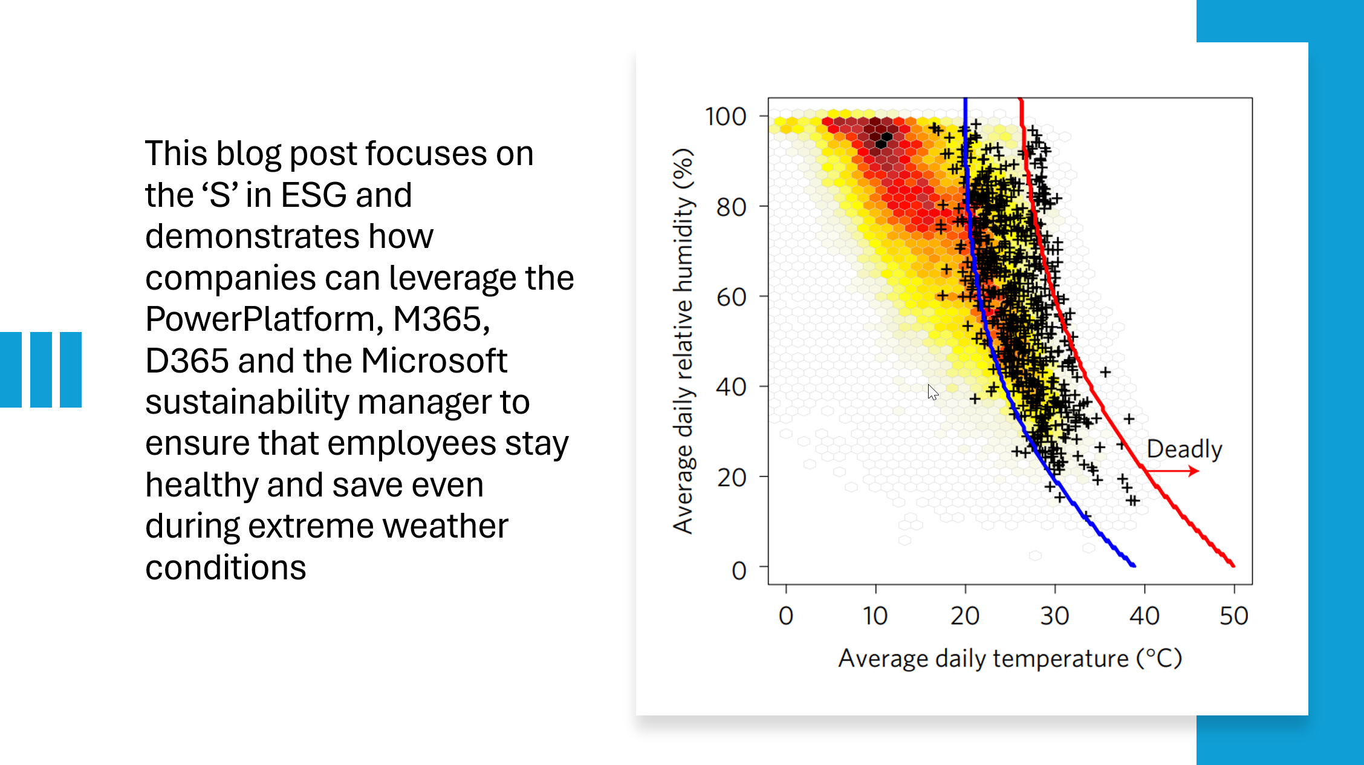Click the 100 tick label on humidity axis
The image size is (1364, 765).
726,116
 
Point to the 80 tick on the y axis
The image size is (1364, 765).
731,207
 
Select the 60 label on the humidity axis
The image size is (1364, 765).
731,297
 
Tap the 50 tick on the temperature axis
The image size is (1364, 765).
1233,616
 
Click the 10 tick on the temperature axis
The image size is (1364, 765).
875,616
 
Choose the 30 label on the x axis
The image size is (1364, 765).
1054,616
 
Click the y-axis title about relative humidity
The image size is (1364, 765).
683,340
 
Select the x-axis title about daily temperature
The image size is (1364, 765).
1010,658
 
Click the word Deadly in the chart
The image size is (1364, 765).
1184,449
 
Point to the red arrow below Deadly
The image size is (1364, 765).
1173,470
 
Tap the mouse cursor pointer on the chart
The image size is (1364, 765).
932,392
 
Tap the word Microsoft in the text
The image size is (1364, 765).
434,360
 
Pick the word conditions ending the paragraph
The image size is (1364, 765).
226,567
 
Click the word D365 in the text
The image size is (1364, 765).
186,360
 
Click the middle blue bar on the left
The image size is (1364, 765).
41,369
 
